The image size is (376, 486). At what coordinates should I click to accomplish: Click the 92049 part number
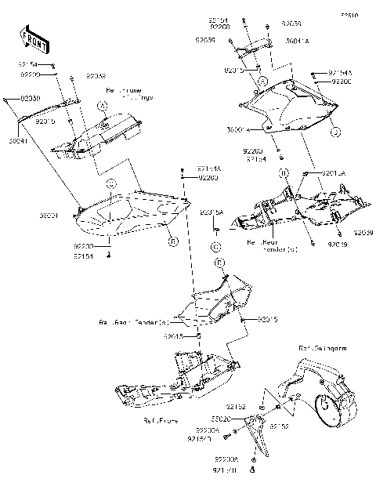[96, 76]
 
